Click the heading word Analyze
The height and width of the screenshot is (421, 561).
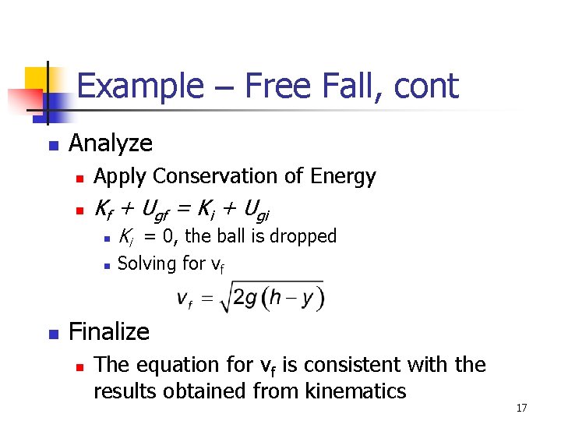click(111, 143)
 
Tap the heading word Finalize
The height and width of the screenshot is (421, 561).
click(109, 332)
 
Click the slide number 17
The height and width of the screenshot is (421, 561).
click(522, 408)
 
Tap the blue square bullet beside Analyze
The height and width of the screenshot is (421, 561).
click(52, 145)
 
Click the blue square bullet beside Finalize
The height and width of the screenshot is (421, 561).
click(52, 334)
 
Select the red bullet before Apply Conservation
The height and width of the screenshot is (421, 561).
click(78, 179)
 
